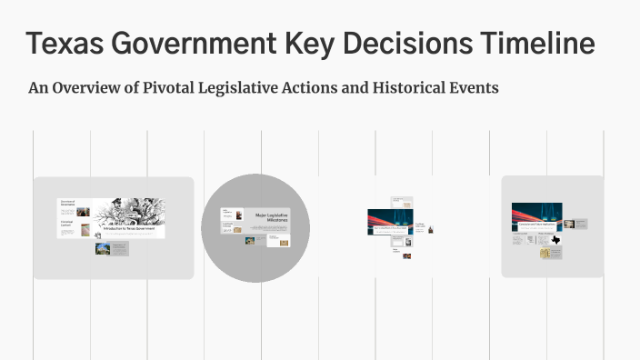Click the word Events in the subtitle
click(x=474, y=89)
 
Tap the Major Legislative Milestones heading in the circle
click(x=271, y=219)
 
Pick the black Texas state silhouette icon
click(x=555, y=239)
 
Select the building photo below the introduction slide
click(x=103, y=248)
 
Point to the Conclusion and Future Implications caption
click(x=536, y=223)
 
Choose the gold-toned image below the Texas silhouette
click(x=546, y=253)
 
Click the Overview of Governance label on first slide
click(x=66, y=203)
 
